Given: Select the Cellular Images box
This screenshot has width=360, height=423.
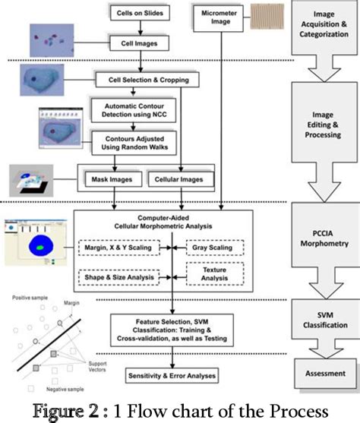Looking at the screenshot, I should (x=183, y=179).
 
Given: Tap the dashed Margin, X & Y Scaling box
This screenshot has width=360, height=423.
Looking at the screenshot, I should (x=119, y=248).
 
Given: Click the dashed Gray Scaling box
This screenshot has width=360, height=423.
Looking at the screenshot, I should (x=215, y=248).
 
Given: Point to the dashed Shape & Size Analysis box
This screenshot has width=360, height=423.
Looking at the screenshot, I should (x=119, y=279).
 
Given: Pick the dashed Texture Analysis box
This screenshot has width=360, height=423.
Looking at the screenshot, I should (x=215, y=274).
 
